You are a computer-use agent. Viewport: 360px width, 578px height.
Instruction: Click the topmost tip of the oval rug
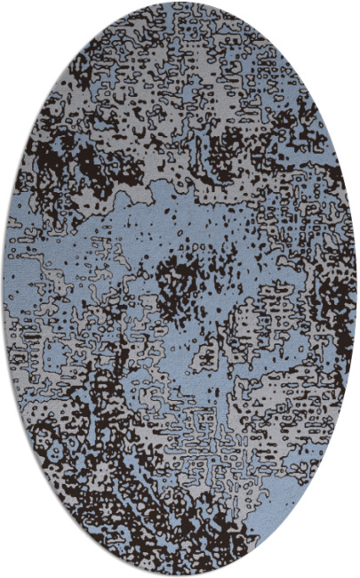180,3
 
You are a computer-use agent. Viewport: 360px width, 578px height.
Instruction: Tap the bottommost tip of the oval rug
180,575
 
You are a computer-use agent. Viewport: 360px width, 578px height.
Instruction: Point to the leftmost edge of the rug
3,289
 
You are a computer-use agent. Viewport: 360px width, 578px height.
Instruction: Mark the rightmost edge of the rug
357,289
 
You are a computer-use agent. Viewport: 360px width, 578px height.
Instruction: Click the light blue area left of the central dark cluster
107,267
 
